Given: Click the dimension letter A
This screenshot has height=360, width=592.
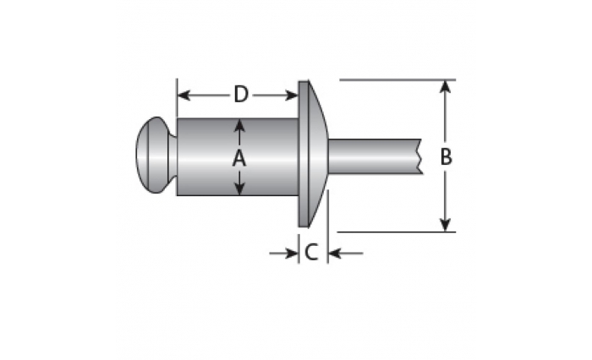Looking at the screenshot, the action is click(239, 158).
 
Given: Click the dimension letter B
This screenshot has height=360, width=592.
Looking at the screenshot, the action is click(446, 156).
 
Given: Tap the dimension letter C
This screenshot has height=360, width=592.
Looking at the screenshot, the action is click(311, 253).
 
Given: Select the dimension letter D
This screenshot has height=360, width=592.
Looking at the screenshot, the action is click(241, 95).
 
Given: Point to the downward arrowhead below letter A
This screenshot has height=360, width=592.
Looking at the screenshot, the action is click(239, 188).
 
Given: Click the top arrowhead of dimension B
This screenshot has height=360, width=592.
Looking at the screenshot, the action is click(446, 87).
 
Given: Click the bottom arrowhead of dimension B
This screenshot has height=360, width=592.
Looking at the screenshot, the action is click(446, 225).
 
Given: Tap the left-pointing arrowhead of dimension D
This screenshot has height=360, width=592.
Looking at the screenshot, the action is click(184, 95).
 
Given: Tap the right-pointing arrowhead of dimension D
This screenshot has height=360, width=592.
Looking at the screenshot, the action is click(292, 95).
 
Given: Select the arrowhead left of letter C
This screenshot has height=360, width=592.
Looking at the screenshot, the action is click(292, 254).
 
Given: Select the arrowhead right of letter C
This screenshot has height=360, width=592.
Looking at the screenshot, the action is click(335, 254).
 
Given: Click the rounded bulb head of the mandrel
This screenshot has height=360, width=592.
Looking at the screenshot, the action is click(156, 155).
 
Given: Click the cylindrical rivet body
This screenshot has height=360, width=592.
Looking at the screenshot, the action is click(238, 157).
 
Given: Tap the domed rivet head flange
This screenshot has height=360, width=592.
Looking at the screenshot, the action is click(313, 154).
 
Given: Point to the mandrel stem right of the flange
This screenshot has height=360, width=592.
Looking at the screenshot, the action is click(375, 156).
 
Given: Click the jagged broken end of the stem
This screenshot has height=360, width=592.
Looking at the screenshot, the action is click(419, 156).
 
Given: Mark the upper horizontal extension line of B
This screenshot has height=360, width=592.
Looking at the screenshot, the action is click(397, 80).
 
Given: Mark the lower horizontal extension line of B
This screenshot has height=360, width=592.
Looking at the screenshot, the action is click(396, 232).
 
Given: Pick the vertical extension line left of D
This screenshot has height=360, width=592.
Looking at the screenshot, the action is click(177, 98).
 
